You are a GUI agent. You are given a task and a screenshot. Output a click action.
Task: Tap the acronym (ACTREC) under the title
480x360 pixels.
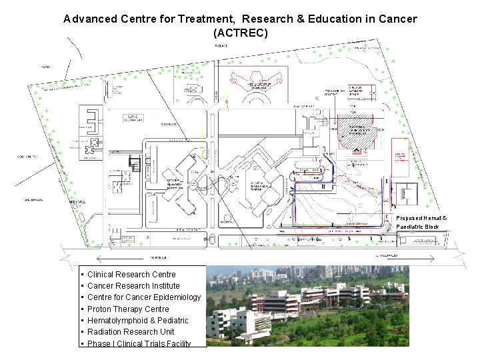click(x=240, y=32)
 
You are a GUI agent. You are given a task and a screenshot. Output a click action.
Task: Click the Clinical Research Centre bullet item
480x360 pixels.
click(x=131, y=275)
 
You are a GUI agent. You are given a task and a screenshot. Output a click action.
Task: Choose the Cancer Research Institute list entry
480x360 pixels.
click(x=133, y=286)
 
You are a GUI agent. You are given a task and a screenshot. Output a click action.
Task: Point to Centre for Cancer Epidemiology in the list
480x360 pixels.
click(x=144, y=297)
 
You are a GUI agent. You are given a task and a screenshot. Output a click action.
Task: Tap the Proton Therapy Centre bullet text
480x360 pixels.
click(x=128, y=309)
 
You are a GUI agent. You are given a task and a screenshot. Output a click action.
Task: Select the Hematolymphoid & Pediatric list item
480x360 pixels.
click(x=138, y=321)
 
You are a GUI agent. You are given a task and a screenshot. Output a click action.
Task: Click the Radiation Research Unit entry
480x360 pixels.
click(x=131, y=332)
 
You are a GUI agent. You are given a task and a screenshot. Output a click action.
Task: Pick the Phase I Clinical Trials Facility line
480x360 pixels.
click(x=139, y=343)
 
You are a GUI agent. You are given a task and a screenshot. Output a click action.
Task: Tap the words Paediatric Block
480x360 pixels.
click(x=417, y=227)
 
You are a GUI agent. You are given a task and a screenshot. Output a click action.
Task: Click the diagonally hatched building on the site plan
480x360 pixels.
click(x=359, y=131)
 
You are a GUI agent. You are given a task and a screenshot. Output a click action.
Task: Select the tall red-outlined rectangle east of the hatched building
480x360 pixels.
click(x=399, y=157)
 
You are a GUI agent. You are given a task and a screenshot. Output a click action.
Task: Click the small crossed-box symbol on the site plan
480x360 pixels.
click(x=194, y=90)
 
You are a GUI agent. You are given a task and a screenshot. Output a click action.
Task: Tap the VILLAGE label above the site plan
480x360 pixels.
click(x=221, y=45)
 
